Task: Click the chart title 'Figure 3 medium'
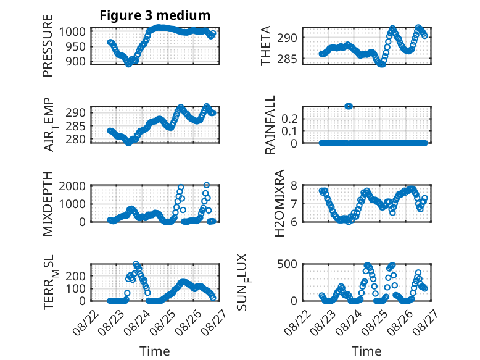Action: (x=155, y=15)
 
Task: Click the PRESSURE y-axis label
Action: (x=48, y=46)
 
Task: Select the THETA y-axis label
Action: (x=266, y=46)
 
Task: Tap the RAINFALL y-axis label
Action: (x=270, y=125)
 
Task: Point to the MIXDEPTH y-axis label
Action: (x=48, y=203)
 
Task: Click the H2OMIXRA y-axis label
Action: (x=279, y=203)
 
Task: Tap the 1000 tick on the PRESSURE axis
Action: (x=72, y=31)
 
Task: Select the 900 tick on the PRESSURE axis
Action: (x=76, y=61)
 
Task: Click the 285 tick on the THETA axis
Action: (x=288, y=59)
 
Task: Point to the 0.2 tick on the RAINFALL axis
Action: (x=289, y=119)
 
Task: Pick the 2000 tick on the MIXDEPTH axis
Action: (x=72, y=186)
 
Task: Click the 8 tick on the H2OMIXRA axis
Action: (x=294, y=186)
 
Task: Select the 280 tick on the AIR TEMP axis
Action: (x=76, y=140)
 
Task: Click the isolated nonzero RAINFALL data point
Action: (x=349, y=106)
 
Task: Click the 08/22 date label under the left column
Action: (x=86, y=322)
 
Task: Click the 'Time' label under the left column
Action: (x=155, y=351)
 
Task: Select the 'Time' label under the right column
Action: (x=366, y=351)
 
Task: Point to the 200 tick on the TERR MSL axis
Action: (x=76, y=276)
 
